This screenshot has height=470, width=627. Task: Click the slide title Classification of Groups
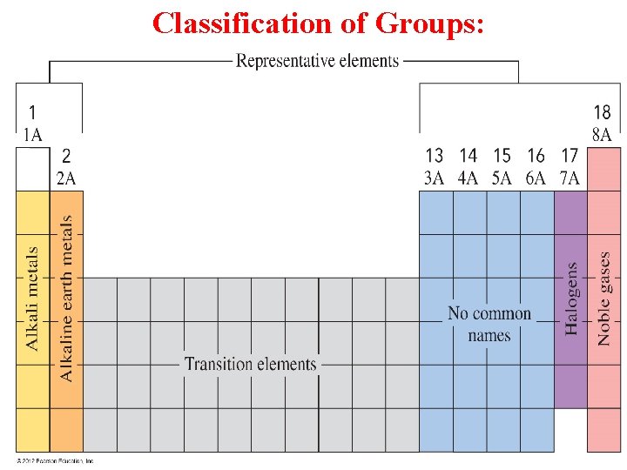pos(318,23)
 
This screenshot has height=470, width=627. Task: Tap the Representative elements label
pos(318,61)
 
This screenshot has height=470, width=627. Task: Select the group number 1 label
pos(32,112)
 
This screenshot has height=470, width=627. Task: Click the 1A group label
pos(32,134)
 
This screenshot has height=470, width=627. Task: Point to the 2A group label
pos(66,178)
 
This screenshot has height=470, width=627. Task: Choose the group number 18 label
pos(602,112)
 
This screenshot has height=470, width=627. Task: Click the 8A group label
pos(602,135)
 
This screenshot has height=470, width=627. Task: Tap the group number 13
pos(434,156)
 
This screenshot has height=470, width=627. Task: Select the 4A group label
pos(469,178)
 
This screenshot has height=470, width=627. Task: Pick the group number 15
pos(502,156)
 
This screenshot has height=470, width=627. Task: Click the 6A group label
pos(536,178)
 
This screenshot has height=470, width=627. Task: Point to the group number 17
pos(570,156)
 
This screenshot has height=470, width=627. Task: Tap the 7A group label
pos(570,178)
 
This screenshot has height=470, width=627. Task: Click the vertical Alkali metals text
pos(32,299)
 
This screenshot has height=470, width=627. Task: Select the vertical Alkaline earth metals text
pos(67,298)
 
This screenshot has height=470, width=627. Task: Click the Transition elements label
pos(251,364)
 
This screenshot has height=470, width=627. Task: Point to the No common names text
pos(489,324)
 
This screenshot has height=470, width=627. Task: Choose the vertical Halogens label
pos(571,299)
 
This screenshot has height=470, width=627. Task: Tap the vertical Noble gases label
pos(604,299)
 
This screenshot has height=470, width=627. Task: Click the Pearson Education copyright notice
pos(54,461)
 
